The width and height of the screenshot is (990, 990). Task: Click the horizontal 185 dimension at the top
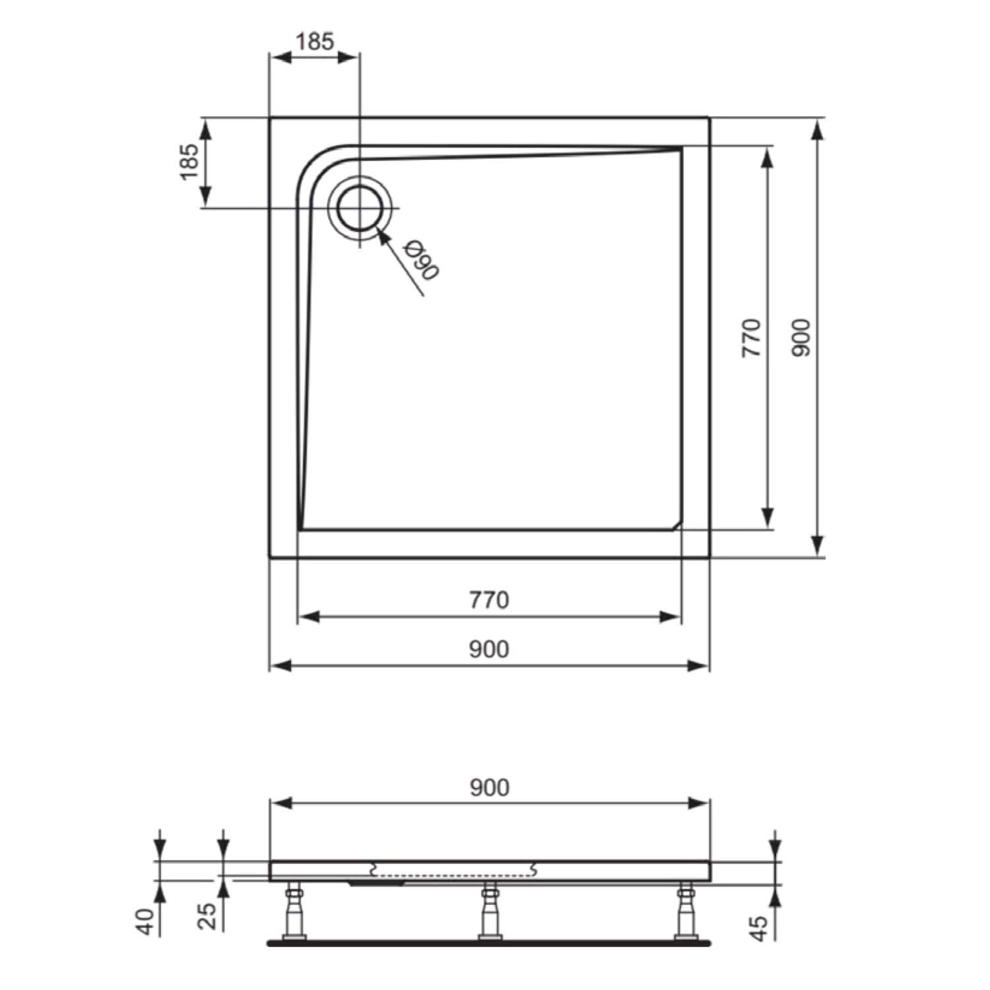point(315,42)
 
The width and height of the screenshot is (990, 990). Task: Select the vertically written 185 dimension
point(189,162)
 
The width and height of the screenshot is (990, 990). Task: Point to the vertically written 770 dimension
point(752,337)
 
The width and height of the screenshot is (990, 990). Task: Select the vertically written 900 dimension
point(801,337)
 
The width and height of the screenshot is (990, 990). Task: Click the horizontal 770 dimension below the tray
point(489,600)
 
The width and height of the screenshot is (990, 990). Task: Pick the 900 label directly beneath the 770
point(489,649)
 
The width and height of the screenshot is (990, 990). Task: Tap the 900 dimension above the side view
point(489,787)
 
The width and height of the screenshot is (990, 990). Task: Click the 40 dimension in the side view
point(149,921)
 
